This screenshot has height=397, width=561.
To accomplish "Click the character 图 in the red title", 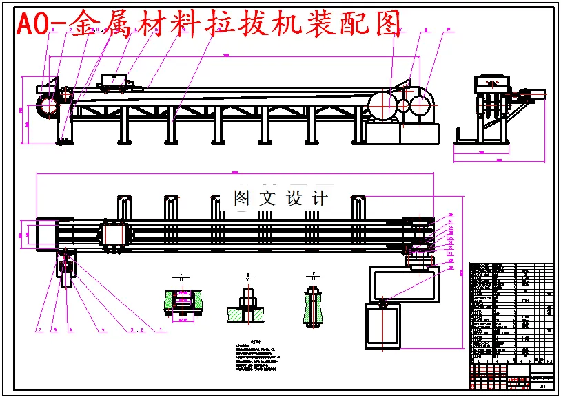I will tap(387, 25).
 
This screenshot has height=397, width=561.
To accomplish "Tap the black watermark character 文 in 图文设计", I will tap(267, 199).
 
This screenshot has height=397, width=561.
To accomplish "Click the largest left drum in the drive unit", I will tap(381, 106).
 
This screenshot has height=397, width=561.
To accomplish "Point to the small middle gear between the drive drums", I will tap(403, 107).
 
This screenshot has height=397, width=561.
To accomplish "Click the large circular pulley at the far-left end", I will tap(48, 107).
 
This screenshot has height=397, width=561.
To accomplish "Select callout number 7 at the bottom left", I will tap(39, 330).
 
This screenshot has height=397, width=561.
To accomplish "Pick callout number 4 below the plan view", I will tap(103, 330).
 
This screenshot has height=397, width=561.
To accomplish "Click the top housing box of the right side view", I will tap(491, 83).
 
